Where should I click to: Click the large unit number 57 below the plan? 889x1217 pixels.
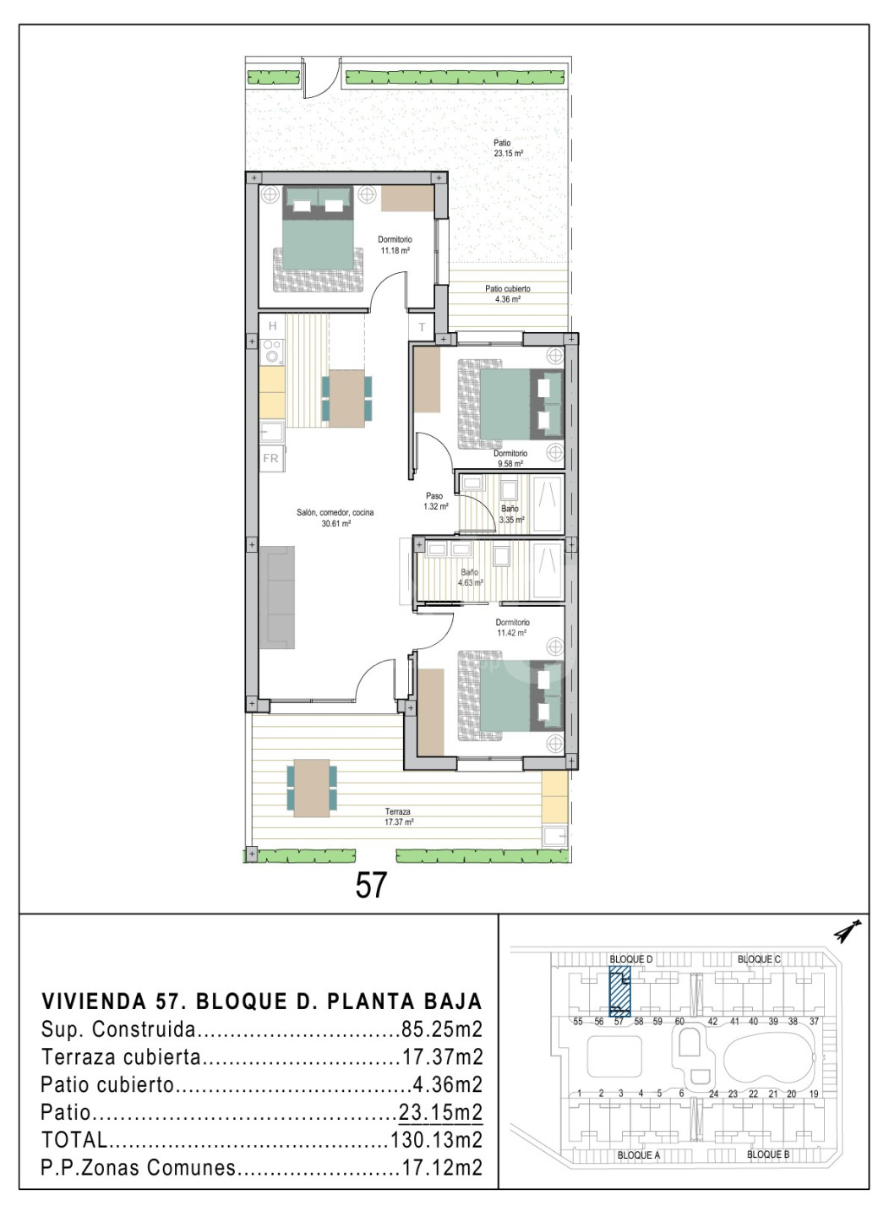371,885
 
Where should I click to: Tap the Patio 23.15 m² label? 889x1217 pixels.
508,148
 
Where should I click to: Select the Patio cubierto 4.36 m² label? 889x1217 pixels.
508,294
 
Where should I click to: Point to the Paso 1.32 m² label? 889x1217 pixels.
436,501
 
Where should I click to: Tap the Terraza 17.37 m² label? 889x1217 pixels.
399,816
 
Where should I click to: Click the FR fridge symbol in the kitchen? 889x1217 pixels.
270,459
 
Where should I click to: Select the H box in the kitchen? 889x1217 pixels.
272,326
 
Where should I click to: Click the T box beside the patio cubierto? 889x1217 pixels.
422,327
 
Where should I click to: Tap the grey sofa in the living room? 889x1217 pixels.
277,597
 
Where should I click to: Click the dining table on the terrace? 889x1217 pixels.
311,788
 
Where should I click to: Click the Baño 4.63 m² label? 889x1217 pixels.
471,577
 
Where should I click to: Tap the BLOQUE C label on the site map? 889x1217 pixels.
759,959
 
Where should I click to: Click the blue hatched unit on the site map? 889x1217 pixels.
619,991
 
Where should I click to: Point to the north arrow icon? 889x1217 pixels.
848,930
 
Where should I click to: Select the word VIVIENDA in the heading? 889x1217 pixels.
95,1001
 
